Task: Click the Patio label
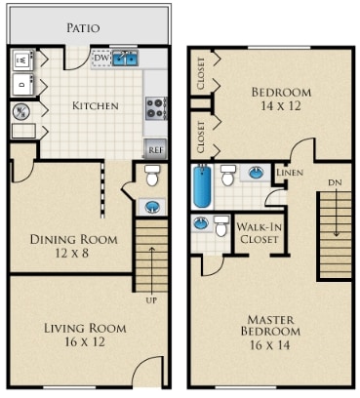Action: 83,28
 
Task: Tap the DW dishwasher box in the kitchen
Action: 100,59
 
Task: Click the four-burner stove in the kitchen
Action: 155,107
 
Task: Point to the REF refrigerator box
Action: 155,149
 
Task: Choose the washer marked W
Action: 22,60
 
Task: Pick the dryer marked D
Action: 22,86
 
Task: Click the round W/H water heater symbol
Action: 20,111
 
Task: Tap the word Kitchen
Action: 96,105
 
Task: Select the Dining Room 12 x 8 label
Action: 73,246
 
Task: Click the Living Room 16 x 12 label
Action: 85,336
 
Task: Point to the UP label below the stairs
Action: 150,299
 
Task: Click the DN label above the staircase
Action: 334,181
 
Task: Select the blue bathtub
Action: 202,187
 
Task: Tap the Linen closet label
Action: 290,173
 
